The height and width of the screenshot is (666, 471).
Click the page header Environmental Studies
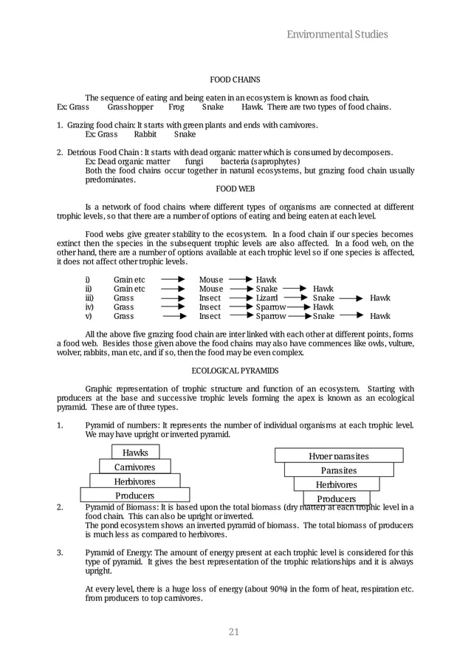tap(337, 34)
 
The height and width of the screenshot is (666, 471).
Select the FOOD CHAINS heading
tap(235, 79)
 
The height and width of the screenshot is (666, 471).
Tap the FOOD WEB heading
tap(235, 189)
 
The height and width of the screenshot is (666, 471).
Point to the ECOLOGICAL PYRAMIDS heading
tap(235, 370)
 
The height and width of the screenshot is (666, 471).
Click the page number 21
tap(235, 631)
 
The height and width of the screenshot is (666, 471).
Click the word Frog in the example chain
tap(176, 107)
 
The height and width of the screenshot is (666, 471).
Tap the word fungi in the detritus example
tap(194, 162)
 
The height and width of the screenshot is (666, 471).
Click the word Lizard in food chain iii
tap(267, 298)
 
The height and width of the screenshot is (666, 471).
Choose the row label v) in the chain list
tap(89, 316)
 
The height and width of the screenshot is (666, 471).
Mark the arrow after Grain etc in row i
tap(172, 281)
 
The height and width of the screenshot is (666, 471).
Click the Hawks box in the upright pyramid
tap(135, 453)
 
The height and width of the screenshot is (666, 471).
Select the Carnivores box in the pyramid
tap(134, 467)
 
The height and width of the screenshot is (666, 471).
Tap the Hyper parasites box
tap(339, 456)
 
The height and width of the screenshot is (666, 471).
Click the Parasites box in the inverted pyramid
tap(339, 470)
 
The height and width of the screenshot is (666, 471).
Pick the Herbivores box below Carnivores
tap(134, 481)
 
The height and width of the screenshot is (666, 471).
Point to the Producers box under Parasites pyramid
tap(337, 498)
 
